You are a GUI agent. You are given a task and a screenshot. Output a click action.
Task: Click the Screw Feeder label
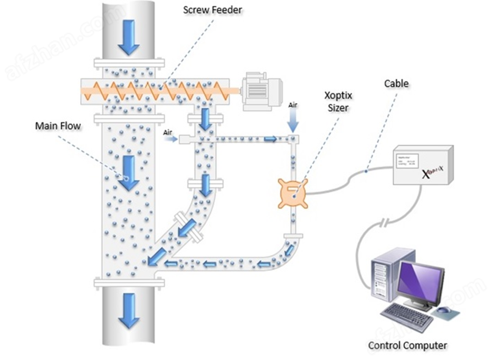(x=213, y=10)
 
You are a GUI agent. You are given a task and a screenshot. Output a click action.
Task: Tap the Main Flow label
(x=58, y=126)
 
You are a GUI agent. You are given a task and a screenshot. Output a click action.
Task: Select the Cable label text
(x=396, y=83)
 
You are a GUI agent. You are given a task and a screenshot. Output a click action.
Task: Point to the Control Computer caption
(x=407, y=345)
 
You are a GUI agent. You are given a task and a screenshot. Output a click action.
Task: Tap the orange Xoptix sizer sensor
(x=293, y=193)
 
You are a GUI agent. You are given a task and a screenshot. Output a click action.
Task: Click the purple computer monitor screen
(x=420, y=281)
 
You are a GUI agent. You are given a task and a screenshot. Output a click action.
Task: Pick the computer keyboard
(x=406, y=316)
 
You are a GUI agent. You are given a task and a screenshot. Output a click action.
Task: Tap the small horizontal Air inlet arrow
(x=171, y=139)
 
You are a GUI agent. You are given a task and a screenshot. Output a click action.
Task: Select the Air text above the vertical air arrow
(x=292, y=105)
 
